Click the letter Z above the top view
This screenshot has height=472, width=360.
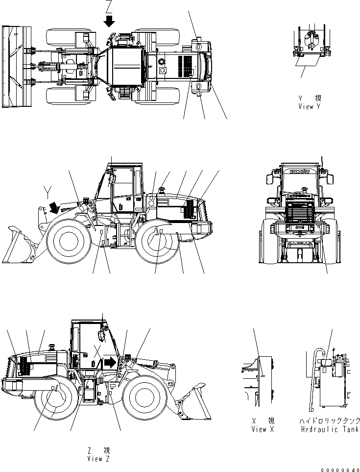(x=109, y=6)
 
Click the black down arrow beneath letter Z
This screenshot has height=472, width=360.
(x=109, y=21)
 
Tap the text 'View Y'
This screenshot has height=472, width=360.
(x=309, y=106)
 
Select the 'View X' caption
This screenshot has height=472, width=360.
(x=263, y=429)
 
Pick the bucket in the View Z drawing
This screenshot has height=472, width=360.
(x=193, y=402)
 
